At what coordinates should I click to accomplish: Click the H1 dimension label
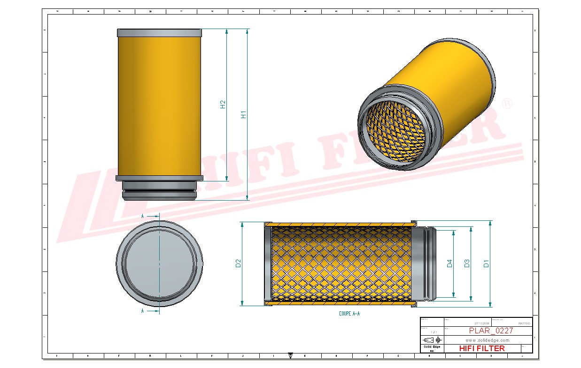243,114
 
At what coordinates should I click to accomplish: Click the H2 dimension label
223,105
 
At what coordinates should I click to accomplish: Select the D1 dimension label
486,263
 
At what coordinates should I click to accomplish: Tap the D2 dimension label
238,263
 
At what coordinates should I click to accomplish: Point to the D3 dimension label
467,263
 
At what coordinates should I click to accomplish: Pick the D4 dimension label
449,263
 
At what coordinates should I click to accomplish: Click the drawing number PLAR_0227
491,330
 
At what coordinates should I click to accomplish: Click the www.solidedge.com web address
488,340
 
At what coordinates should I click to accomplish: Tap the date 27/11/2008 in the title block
482,323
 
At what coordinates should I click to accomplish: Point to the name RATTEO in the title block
524,323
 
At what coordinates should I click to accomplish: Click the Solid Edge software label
432,346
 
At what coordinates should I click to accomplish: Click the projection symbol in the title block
432,339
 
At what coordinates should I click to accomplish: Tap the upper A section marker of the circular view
143,216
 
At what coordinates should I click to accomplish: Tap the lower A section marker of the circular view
143,310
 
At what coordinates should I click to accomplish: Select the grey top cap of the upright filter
160,33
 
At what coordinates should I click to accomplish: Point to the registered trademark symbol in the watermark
507,104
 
